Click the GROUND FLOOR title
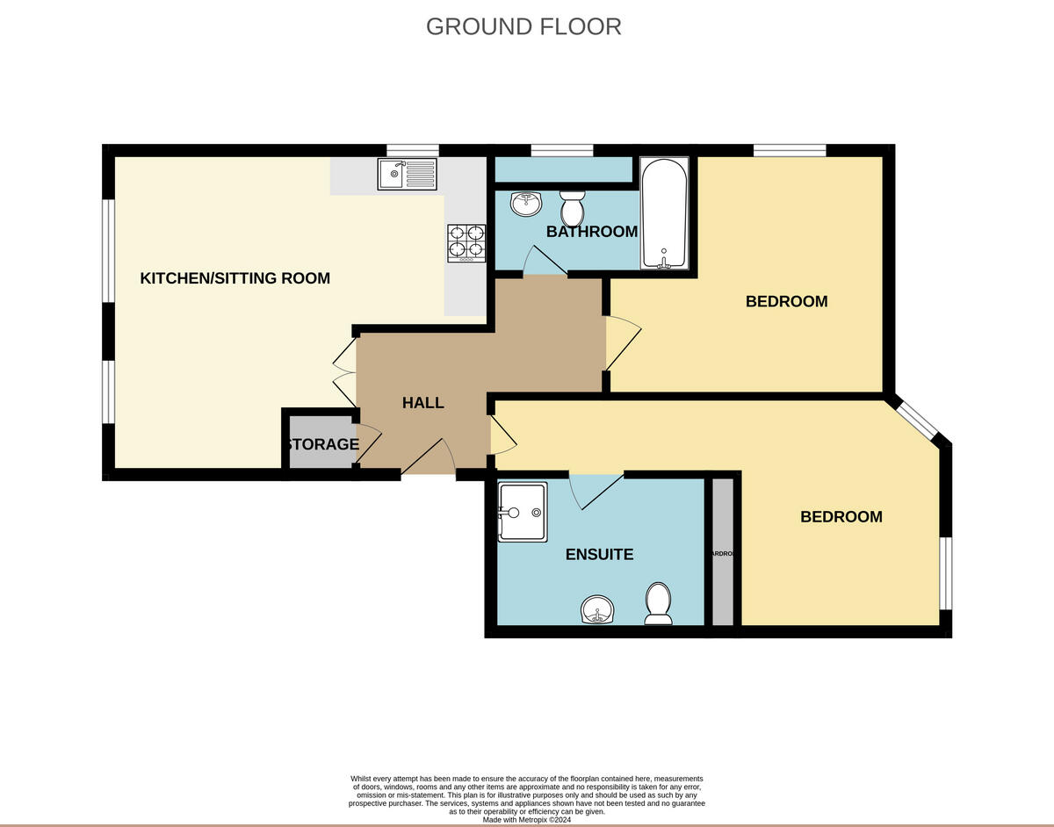point(523,26)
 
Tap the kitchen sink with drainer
point(407,174)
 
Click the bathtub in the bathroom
point(665,213)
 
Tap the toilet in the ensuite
point(658,604)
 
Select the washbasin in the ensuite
point(599,609)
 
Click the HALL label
point(422,403)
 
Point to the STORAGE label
point(321,444)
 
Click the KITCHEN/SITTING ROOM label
point(235,278)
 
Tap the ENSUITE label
point(599,555)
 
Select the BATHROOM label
point(591,232)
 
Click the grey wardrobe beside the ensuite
point(722,553)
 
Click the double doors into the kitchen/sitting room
point(344,372)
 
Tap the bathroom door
point(545,262)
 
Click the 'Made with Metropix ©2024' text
point(526,820)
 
